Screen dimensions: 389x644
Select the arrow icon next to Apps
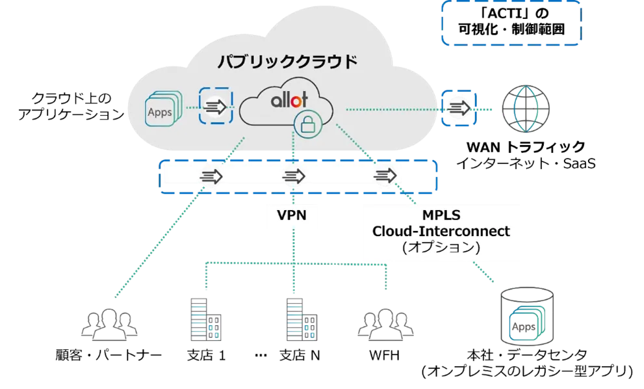pos(215,105)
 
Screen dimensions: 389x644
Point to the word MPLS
pos(440,215)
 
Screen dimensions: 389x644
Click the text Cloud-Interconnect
pos(441,231)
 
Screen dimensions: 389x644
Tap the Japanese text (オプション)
pos(441,248)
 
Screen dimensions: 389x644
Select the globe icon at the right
pos(524,109)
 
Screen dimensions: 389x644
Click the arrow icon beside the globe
pos(459,107)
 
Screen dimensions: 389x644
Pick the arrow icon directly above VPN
pos(294,176)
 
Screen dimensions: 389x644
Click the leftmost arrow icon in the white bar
pos(211,176)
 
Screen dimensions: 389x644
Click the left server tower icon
pos(204,319)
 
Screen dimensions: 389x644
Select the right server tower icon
pos(303,319)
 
